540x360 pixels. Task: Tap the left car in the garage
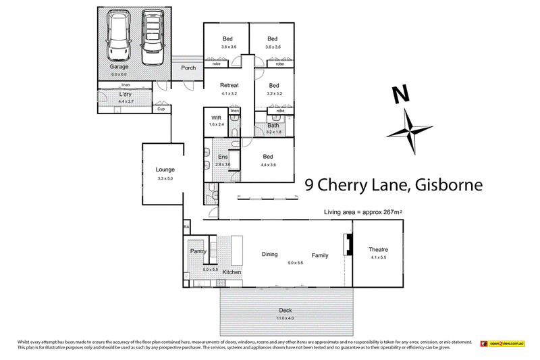[119, 38]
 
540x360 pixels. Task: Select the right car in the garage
[153, 38]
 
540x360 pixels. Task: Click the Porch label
[188, 68]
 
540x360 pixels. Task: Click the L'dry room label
[125, 94]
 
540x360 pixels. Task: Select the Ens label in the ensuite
[223, 157]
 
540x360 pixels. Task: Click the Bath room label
[273, 125]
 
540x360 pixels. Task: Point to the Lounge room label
[165, 170]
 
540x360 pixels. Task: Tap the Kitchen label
[232, 272]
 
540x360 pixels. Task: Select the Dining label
[270, 255]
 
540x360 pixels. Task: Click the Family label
[320, 255]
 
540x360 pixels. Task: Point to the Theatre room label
[378, 250]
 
